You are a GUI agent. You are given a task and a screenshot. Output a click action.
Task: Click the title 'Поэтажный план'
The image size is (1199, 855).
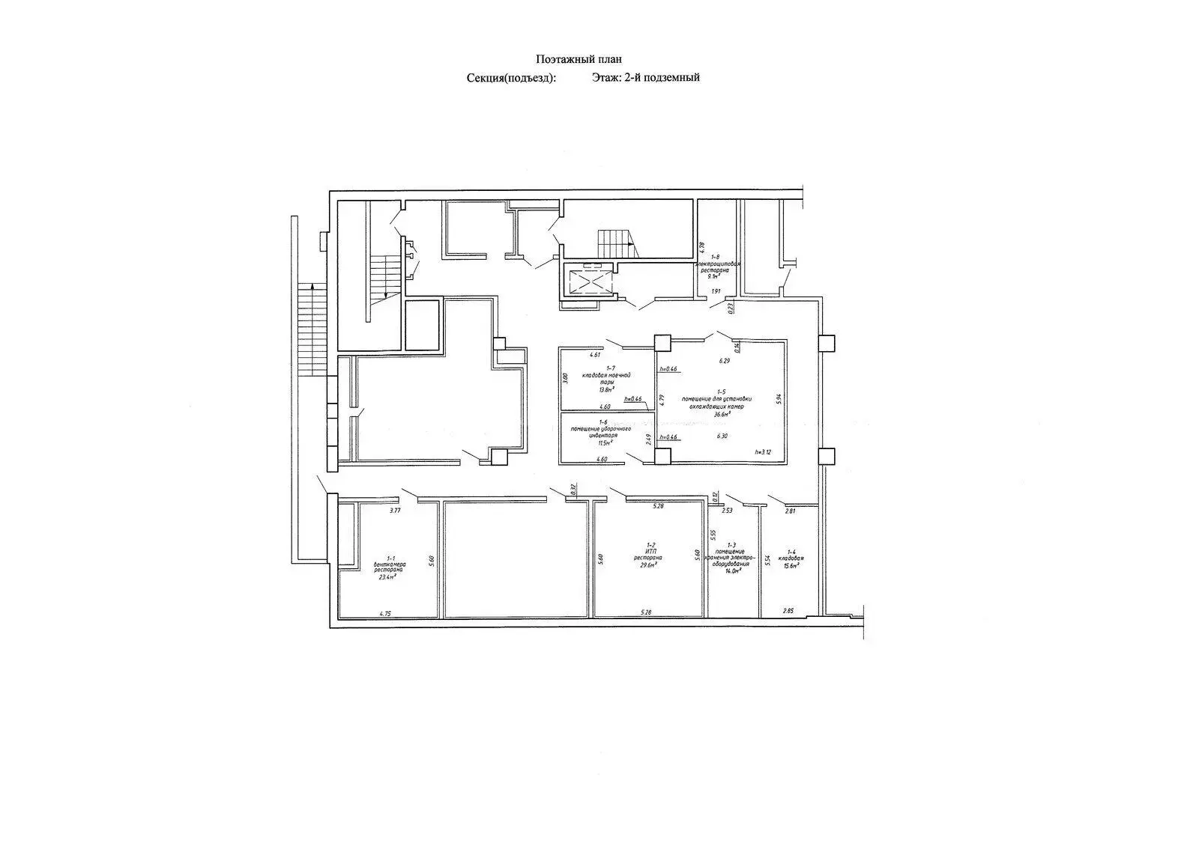pyautogui.click(x=579, y=59)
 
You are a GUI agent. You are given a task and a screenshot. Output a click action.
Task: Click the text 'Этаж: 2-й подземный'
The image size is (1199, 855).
pyautogui.click(x=645, y=77)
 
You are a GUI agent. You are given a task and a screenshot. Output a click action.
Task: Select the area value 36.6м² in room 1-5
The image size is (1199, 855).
pyautogui.click(x=722, y=413)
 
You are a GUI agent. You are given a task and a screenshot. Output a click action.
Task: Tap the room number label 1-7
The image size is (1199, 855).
pyautogui.click(x=609, y=368)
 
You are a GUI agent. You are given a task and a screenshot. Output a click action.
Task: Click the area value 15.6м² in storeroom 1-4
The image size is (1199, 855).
pyautogui.click(x=790, y=565)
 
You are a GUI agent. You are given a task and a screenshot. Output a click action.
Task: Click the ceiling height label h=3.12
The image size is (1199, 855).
pyautogui.click(x=762, y=452)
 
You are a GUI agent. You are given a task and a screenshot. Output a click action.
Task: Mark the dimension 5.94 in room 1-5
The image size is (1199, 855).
pyautogui.click(x=780, y=399)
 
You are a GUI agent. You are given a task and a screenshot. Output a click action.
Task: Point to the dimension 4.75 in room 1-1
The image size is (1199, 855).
pyautogui.click(x=385, y=613)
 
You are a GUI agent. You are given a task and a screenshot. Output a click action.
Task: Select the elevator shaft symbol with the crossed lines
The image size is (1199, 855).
pyautogui.click(x=590, y=282)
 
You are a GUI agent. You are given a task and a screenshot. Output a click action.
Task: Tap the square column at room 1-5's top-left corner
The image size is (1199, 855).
pyautogui.click(x=662, y=343)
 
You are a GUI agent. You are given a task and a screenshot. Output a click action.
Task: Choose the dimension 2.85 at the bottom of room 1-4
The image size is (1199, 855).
pyautogui.click(x=788, y=611)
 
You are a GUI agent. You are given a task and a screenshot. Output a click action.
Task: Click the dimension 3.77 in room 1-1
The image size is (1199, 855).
pyautogui.click(x=395, y=511)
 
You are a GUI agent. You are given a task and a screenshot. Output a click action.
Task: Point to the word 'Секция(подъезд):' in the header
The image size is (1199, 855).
pyautogui.click(x=511, y=78)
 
